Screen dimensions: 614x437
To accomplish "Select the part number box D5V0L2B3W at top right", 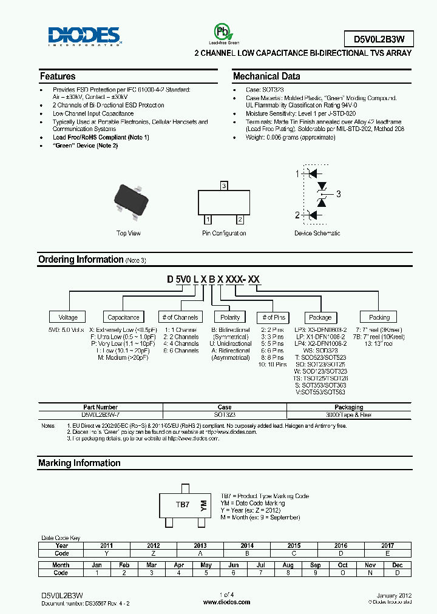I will (x=374, y=39).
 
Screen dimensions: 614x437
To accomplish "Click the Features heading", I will (x=58, y=76).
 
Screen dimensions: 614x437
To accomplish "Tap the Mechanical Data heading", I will (x=266, y=76).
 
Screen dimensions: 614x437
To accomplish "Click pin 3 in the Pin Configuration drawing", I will (x=224, y=185).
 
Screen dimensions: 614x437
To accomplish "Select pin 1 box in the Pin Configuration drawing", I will (x=208, y=219).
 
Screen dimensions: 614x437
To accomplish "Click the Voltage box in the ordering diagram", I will (x=68, y=317).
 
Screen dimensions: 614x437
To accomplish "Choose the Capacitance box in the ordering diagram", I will (x=123, y=317).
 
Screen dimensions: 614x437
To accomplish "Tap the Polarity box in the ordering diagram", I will (x=230, y=317).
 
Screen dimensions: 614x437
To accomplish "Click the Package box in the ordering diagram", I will (x=320, y=317).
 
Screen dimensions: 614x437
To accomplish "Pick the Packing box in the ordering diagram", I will (x=379, y=317).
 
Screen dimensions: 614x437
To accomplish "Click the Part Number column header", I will (x=100, y=407).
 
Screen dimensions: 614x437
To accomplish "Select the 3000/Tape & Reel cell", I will (x=349, y=415).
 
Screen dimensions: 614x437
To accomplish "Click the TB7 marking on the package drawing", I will (x=183, y=504).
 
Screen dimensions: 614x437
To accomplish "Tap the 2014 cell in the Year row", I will (x=247, y=545).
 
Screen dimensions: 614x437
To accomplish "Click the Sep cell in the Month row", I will (x=315, y=565).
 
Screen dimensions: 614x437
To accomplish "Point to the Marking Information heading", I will (x=80, y=463).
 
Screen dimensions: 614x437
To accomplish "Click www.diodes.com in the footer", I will (x=226, y=602).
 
